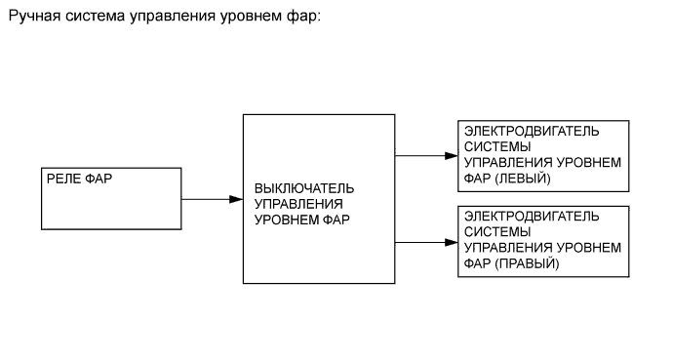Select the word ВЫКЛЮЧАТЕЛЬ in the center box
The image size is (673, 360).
304,188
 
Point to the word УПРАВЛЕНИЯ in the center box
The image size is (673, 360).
298,204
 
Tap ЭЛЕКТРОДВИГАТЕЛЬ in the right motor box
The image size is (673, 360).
532,217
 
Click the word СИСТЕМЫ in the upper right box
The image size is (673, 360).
492,147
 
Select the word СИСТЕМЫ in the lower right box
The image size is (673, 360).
492,232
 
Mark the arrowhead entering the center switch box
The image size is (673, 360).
236,199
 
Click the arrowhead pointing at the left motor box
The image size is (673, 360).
451,156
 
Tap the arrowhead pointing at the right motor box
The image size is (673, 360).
451,241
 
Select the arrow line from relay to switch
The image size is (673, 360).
207,199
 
